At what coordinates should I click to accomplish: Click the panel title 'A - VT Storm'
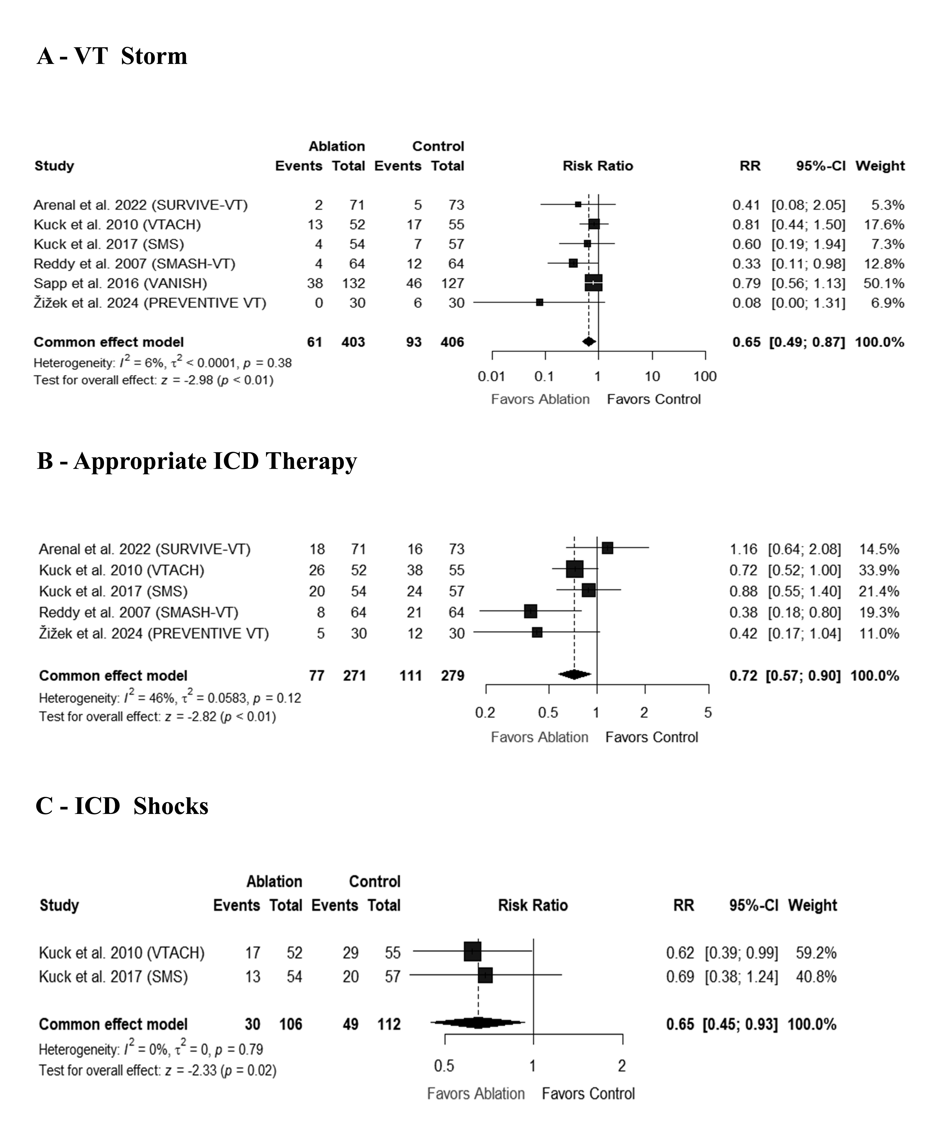[112, 56]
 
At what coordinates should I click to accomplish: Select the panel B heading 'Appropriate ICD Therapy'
[215, 461]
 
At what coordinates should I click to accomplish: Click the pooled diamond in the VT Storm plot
[589, 342]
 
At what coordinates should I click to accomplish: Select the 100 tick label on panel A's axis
[705, 376]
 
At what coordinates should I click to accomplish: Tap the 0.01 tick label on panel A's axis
[491, 376]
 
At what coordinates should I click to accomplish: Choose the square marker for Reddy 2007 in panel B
[530, 612]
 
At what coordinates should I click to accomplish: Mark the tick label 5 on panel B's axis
[708, 713]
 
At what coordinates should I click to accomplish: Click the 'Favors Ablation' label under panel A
[540, 399]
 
